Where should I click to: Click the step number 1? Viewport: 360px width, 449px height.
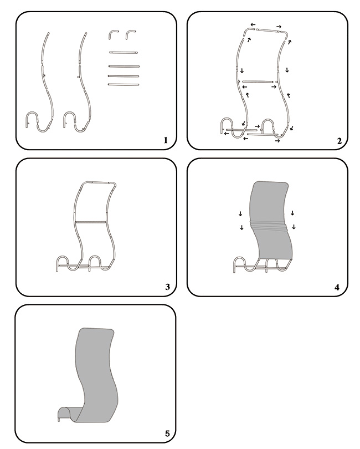tap(166, 140)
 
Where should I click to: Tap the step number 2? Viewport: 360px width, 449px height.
tap(340, 141)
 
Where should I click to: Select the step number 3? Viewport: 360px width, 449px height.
tap(167, 287)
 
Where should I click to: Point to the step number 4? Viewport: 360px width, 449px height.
tap(337, 287)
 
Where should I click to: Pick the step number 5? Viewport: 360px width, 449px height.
tap(167, 433)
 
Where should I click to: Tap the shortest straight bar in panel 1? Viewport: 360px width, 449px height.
tap(124, 53)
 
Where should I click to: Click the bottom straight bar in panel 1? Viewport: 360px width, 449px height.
tap(124, 84)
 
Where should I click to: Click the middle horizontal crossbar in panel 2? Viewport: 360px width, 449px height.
tap(256, 81)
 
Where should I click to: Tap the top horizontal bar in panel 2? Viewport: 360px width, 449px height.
tap(269, 29)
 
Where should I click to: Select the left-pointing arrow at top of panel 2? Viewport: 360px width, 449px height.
tap(253, 24)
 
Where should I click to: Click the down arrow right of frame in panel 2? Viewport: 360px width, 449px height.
tap(287, 70)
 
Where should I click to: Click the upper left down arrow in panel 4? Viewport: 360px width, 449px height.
tap(240, 213)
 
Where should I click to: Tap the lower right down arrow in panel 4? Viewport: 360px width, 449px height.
tap(294, 227)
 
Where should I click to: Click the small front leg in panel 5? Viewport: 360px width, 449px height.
tap(59, 419)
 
